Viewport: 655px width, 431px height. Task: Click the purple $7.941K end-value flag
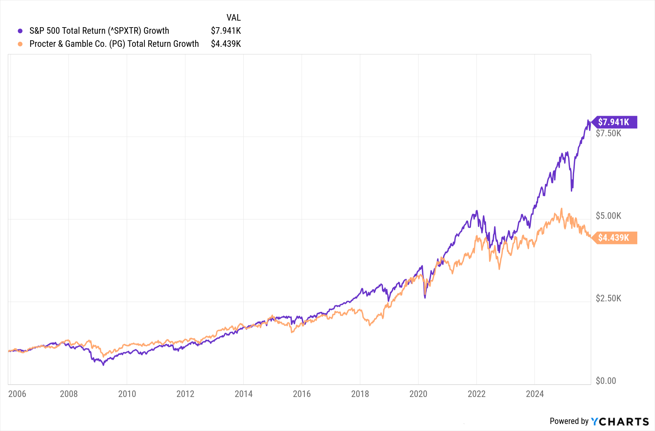click(614, 122)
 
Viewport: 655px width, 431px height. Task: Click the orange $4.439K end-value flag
click(614, 238)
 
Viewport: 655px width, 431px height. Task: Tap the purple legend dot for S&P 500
click(20, 31)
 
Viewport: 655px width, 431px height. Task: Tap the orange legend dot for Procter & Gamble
click(20, 44)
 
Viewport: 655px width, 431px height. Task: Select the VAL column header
click(234, 18)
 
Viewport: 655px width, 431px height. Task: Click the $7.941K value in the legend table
click(226, 31)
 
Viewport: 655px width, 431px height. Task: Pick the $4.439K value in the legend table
click(226, 44)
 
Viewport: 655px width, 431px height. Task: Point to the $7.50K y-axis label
click(608, 133)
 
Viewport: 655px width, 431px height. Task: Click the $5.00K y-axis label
click(608, 216)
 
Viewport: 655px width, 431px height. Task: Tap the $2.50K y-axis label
click(608, 298)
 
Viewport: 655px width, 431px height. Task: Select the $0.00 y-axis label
click(606, 381)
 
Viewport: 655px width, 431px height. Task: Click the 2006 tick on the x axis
click(17, 394)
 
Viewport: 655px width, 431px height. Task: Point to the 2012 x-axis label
click(185, 394)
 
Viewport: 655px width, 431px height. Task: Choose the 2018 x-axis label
click(360, 394)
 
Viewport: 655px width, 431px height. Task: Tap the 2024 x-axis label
click(534, 394)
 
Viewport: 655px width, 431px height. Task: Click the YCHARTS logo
click(620, 422)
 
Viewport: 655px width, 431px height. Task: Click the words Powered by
click(569, 421)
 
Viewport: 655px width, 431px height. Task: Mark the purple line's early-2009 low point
click(103, 365)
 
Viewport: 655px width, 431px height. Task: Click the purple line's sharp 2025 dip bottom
click(572, 190)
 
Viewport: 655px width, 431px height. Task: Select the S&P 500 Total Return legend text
click(99, 31)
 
